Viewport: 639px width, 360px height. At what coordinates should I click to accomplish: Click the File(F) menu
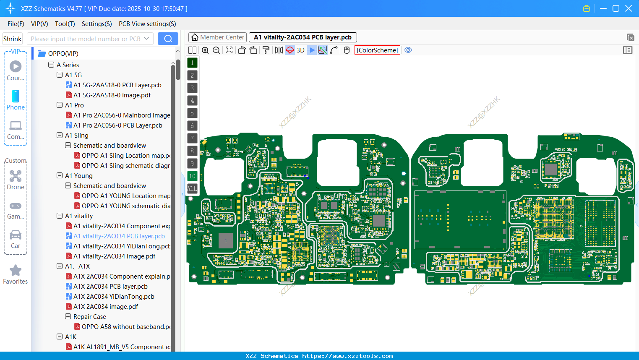coord(16,24)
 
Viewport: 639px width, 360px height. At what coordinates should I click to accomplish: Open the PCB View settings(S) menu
coord(147,24)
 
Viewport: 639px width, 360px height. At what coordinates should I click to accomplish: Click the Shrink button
coord(12,39)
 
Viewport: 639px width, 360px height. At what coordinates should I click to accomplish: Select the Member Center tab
coord(217,37)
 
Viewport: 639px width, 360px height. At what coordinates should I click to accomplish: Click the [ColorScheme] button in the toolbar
coord(377,50)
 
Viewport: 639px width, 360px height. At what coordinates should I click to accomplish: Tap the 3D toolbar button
coord(300,50)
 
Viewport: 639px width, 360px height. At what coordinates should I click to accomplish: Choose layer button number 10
coord(192,176)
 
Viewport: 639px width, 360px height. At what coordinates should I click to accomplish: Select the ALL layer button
coord(192,189)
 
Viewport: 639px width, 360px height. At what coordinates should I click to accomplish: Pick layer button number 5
coord(192,113)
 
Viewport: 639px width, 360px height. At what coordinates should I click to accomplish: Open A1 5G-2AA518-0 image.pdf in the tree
coord(112,95)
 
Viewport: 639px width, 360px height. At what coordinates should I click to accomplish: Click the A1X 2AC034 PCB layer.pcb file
coord(110,287)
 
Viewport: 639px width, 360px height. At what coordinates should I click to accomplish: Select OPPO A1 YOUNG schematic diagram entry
coord(126,206)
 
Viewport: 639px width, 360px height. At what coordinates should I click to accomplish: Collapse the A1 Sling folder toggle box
coord(60,136)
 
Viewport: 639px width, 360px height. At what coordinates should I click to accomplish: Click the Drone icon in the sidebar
coord(16,176)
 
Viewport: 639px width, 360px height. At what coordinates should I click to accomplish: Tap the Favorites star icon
coord(16,271)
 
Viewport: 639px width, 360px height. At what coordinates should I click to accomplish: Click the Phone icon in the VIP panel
coord(16,97)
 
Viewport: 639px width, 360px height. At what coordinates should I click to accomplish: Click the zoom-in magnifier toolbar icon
coord(205,50)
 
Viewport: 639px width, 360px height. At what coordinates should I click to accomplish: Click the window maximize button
coord(616,8)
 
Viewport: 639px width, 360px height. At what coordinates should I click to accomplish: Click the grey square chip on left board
coord(226,241)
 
